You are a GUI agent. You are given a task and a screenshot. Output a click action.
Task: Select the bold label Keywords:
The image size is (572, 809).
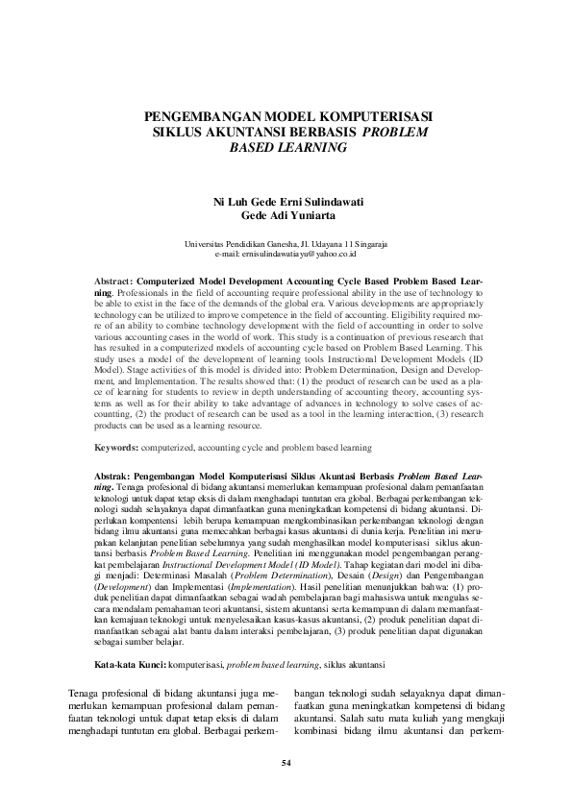tap(114, 448)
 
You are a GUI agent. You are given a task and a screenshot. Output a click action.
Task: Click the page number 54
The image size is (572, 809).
tap(286, 763)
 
